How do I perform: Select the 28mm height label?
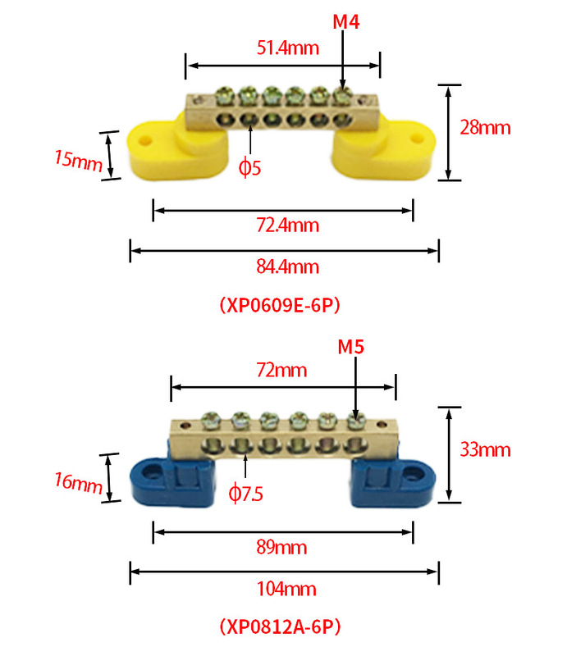pos(485,128)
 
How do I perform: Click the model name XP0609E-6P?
pos(280,305)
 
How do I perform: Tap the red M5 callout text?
pos(351,347)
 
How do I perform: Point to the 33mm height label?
pos(485,449)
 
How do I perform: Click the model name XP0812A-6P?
pos(280,627)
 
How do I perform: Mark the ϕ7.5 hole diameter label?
pos(246,494)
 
